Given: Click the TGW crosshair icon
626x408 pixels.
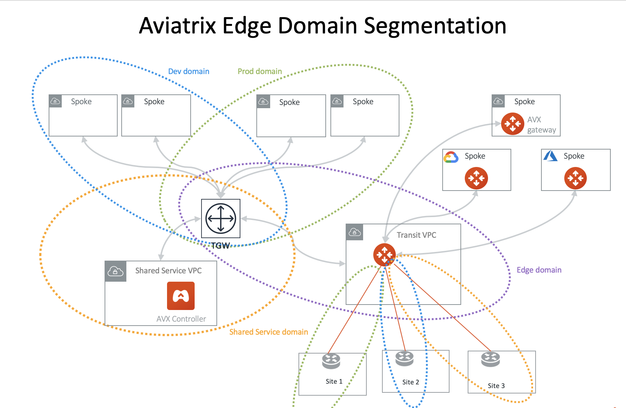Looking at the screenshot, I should (x=221, y=219).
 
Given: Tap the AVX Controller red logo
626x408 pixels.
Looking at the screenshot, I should (x=181, y=296).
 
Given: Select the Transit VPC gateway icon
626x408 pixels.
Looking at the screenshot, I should (x=384, y=254).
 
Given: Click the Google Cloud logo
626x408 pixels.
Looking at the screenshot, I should (x=451, y=157).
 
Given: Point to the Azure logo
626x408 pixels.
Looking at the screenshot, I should (x=550, y=156).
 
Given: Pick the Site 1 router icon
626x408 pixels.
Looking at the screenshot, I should (x=331, y=361).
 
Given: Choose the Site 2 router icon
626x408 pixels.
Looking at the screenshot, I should (x=405, y=358).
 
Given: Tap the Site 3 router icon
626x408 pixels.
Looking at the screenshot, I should (x=491, y=359).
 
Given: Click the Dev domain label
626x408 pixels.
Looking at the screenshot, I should (x=188, y=72).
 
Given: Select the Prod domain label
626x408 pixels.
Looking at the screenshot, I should (x=260, y=72).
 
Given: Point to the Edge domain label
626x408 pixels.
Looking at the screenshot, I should (x=539, y=270).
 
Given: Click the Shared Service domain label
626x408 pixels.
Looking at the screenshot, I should (x=268, y=332).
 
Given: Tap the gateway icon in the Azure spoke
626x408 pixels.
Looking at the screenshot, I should (x=575, y=178).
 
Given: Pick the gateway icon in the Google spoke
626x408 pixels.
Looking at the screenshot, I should (x=476, y=178).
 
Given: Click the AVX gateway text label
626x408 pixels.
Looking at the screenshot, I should (x=541, y=125).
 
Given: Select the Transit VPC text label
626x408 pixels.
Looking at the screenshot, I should (x=416, y=235).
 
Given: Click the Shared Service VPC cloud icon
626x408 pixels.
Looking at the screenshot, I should (x=115, y=271).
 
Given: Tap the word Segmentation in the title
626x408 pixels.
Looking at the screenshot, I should (x=435, y=26).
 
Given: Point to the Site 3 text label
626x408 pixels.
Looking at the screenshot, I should (x=496, y=386).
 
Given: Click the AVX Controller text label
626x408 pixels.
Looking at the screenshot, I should (x=181, y=319).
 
